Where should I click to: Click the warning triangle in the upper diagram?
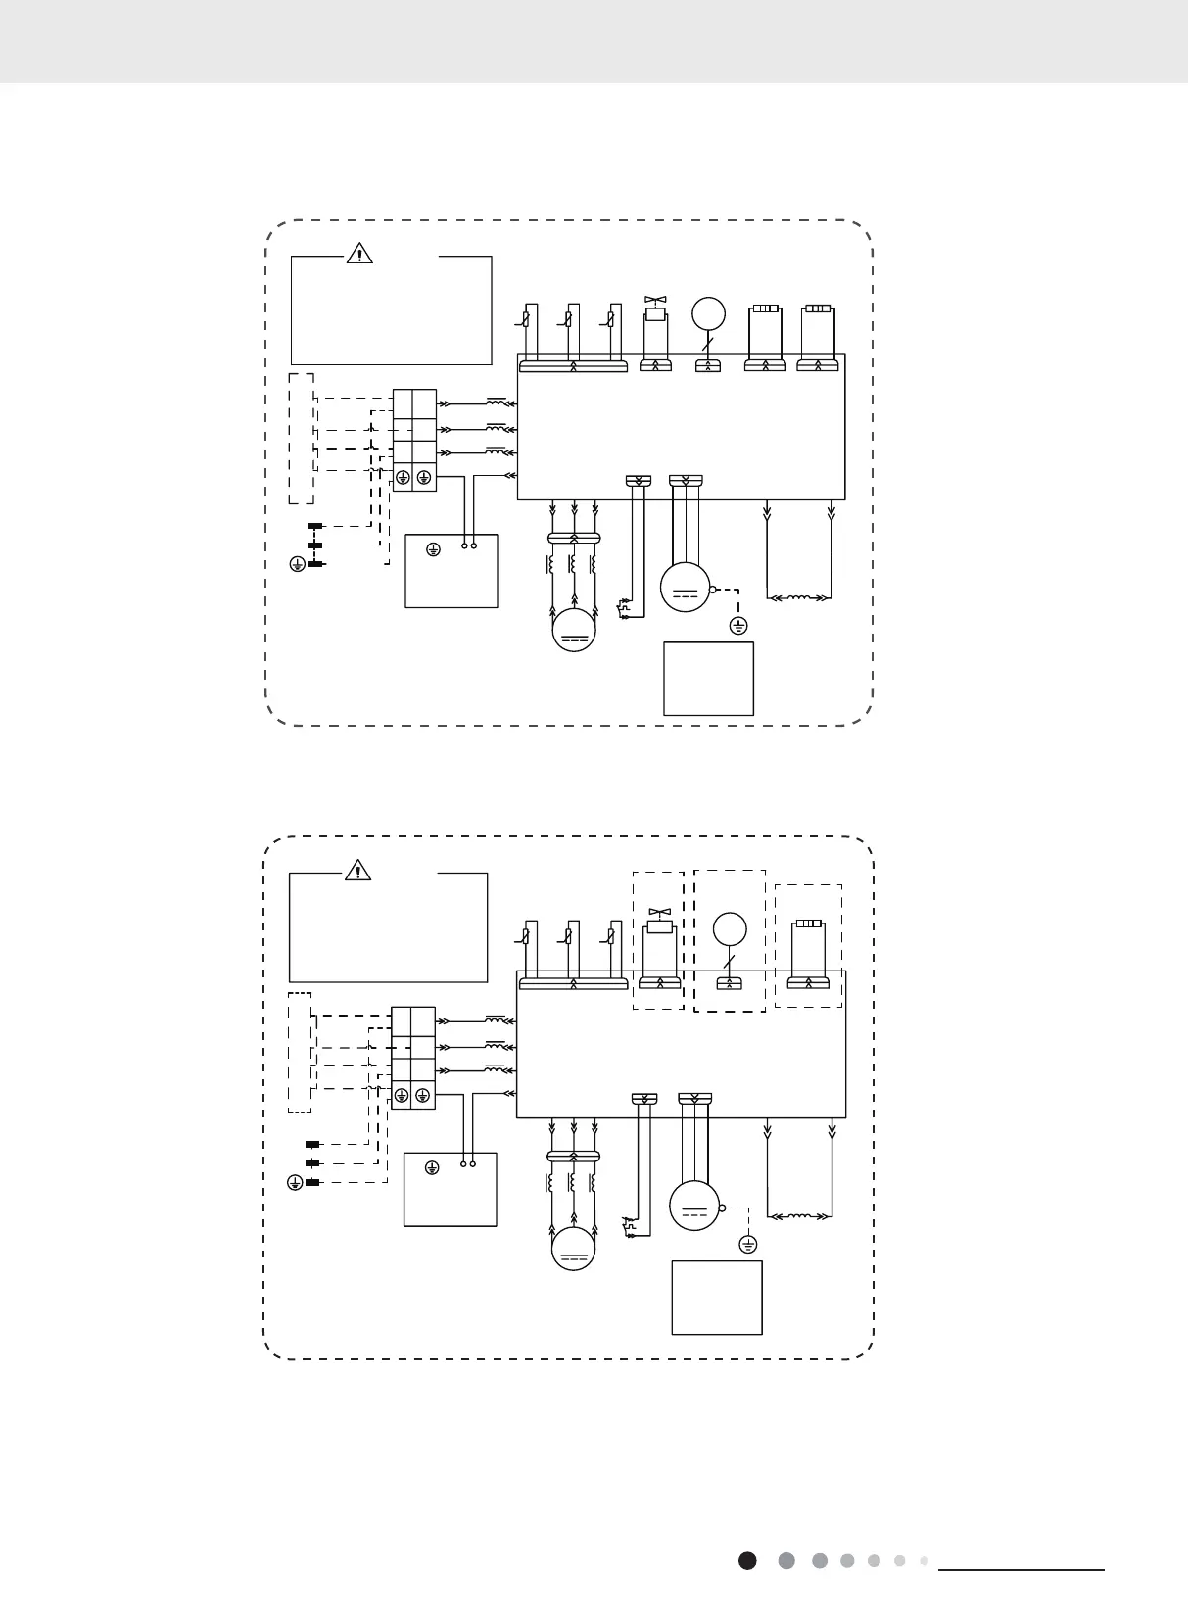[x=360, y=254]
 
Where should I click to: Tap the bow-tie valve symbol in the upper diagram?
[x=654, y=299]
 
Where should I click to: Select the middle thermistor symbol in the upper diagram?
[x=569, y=318]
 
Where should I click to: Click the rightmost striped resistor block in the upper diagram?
[x=818, y=308]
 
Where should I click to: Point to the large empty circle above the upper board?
[x=708, y=313]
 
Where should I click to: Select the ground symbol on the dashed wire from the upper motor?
[x=739, y=625]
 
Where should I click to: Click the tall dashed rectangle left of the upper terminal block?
[x=301, y=438]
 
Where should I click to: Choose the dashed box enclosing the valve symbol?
[x=658, y=940]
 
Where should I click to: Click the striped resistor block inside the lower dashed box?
[x=808, y=923]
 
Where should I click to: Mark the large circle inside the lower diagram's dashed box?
[x=729, y=927]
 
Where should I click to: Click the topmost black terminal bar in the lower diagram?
[x=313, y=1144]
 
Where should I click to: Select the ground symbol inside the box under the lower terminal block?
[x=432, y=1167]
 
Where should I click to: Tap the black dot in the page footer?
[x=747, y=1560]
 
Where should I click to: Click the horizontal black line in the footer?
[x=1022, y=1570]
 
